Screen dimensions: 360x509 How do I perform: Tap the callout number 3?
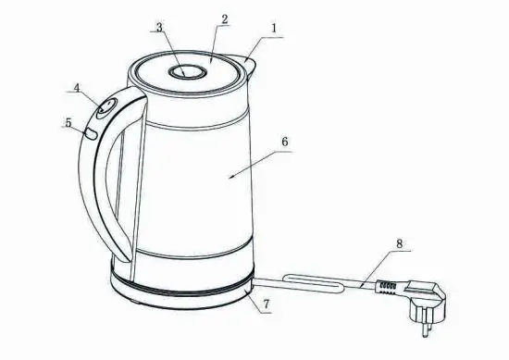[x=158, y=27]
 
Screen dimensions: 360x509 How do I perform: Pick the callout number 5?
[x=68, y=121]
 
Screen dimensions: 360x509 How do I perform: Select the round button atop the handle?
[x=106, y=108]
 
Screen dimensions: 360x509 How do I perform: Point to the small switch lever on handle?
[x=92, y=134]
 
